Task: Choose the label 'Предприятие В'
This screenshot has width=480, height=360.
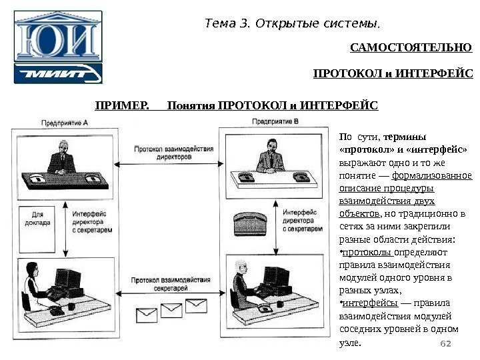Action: tap(275, 122)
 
